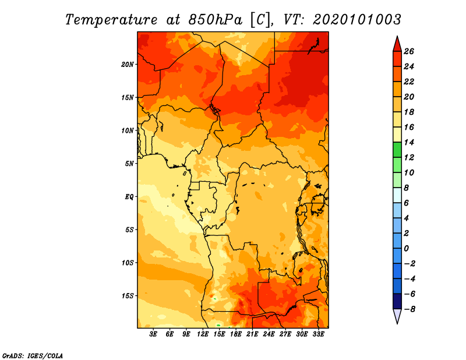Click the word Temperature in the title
pyautogui.click(x=111, y=20)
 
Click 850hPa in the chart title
pyautogui.click(x=215, y=20)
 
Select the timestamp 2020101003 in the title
pyautogui.click(x=357, y=20)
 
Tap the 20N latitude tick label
pyautogui.click(x=128, y=65)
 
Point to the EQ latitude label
pyautogui.click(x=129, y=197)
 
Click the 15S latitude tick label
pyautogui.click(x=128, y=296)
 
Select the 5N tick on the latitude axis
pyautogui.click(x=129, y=164)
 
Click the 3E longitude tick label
pyautogui.click(x=153, y=334)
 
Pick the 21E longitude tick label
pyautogui.click(x=252, y=334)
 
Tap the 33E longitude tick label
pyautogui.click(x=318, y=334)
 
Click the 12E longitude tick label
pyautogui.click(x=203, y=334)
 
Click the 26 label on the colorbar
pyautogui.click(x=409, y=51)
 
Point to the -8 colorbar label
pyautogui.click(x=409, y=309)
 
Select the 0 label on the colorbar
pyautogui.click(x=406, y=249)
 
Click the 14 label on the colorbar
pyautogui.click(x=409, y=142)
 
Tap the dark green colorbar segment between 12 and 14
pyautogui.click(x=397, y=150)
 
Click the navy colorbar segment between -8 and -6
pyautogui.click(x=397, y=301)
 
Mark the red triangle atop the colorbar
pyautogui.click(x=397, y=45)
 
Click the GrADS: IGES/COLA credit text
pyautogui.click(x=33, y=356)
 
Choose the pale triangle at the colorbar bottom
pyautogui.click(x=397, y=316)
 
